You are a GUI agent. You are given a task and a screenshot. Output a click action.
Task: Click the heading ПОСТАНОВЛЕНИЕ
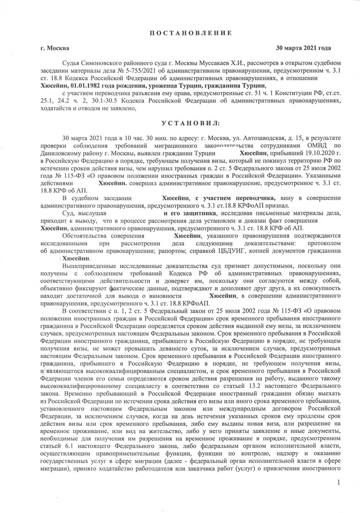191,33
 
